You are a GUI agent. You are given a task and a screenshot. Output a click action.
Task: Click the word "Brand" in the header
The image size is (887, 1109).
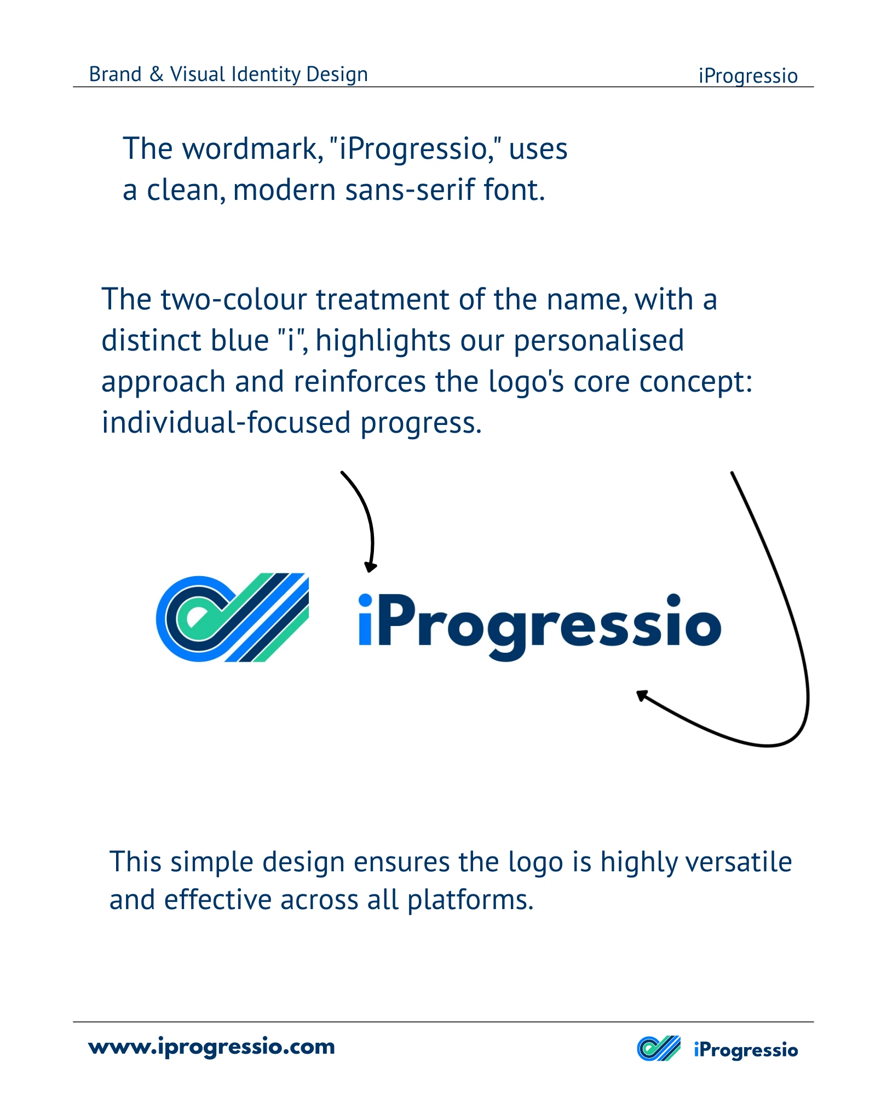pos(116,74)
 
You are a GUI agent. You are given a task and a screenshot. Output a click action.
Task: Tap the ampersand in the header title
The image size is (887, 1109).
pos(157,74)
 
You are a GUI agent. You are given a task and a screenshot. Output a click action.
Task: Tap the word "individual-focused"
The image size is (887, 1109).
pos(226,423)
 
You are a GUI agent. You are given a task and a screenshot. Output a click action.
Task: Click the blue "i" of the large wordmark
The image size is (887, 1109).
pos(366,619)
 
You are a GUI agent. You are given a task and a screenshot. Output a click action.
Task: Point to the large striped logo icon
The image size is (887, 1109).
pos(233,617)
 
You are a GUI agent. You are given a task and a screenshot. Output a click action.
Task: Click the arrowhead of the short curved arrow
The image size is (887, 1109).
pos(371,567)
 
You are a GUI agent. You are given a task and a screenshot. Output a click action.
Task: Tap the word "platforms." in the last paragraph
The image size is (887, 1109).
pos(470,900)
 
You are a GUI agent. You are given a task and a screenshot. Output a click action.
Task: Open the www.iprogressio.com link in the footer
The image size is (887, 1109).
pos(212,1047)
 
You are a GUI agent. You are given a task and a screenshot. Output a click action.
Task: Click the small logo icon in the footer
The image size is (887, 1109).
pos(659,1048)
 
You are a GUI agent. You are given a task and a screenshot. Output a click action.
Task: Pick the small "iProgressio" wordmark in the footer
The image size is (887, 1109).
pos(746,1050)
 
